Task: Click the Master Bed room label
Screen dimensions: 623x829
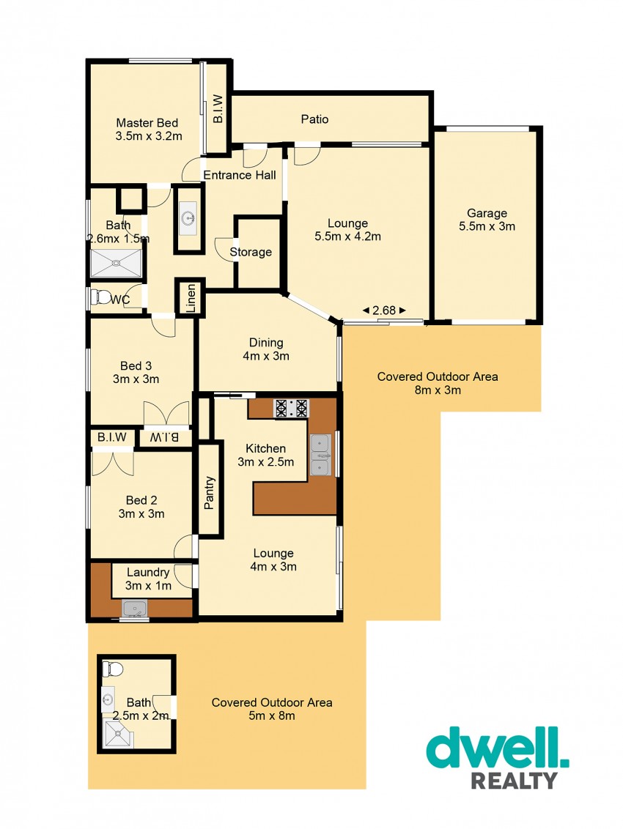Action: coord(147,130)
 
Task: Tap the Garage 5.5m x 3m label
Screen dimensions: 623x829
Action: coord(487,220)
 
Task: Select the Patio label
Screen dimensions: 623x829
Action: coord(315,119)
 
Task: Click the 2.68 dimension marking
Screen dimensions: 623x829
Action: coord(384,311)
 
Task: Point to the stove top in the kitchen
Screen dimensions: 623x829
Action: coord(290,408)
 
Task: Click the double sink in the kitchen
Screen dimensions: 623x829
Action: coord(320,455)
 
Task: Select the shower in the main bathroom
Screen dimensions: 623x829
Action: coord(116,263)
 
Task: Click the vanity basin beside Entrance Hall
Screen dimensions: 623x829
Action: coord(188,218)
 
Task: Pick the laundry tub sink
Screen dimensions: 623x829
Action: coord(135,609)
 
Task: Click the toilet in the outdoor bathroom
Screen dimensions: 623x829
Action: coord(112,669)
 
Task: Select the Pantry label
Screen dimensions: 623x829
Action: coord(209,493)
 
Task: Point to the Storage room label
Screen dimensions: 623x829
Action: coord(251,252)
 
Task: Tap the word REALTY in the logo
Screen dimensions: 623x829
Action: coord(514,781)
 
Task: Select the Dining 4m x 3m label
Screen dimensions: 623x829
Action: coord(266,349)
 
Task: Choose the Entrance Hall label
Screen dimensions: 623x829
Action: coord(240,175)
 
